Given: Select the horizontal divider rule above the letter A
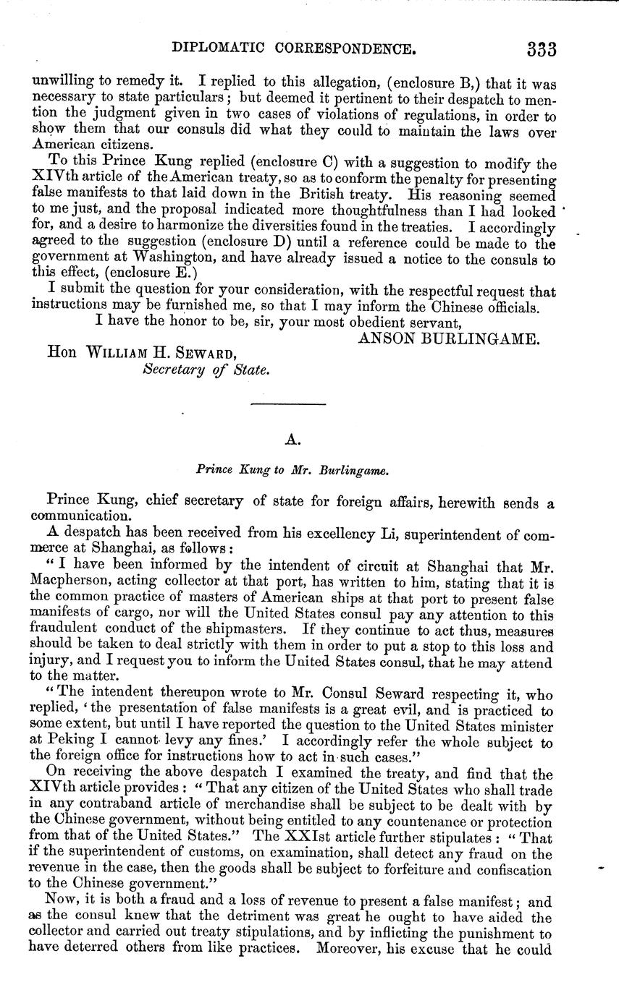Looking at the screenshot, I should [x=290, y=404].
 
